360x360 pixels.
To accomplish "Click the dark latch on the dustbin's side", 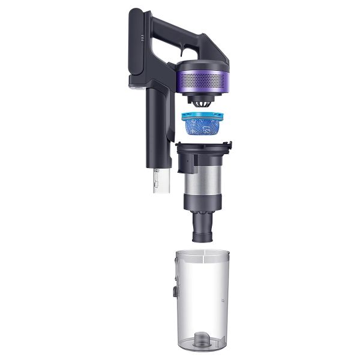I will tap(170, 294).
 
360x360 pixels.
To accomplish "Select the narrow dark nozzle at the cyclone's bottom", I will tap(202, 228).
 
